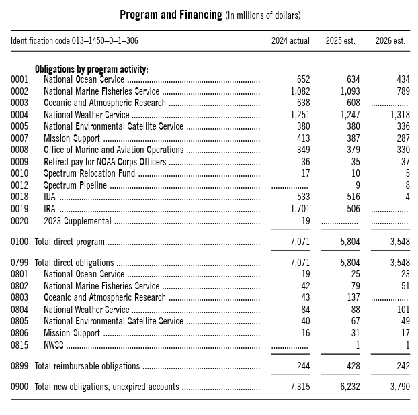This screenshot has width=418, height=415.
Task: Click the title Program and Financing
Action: coord(171,15)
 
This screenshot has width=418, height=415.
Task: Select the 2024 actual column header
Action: coord(290,41)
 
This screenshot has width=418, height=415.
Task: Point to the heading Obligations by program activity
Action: coord(91,69)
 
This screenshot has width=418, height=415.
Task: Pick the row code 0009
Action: coord(19,162)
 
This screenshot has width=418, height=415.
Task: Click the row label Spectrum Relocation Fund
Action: coord(89,173)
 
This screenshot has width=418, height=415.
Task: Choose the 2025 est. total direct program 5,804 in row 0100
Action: coord(347,242)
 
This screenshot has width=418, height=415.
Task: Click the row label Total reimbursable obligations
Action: coord(87,366)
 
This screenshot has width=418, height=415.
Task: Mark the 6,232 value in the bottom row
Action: coord(347,387)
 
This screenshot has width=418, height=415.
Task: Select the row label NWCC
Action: coord(53,345)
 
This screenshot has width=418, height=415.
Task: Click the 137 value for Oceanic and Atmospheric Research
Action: coord(352,297)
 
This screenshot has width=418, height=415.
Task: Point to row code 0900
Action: coord(19,387)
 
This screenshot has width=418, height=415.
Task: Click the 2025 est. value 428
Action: coord(351,366)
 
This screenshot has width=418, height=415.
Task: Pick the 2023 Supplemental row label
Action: coord(77,221)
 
